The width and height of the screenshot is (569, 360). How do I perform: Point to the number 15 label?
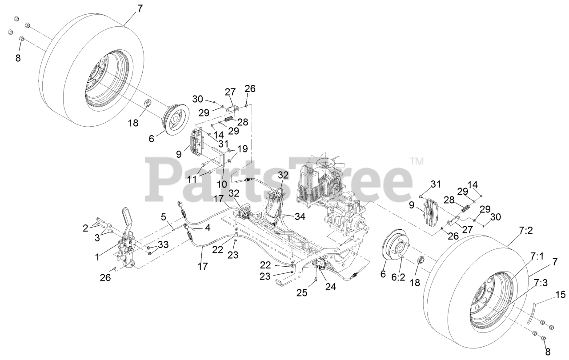coord(561,294)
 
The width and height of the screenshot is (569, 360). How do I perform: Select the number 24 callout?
coord(330,287)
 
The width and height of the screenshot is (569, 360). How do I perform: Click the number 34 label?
coord(300,216)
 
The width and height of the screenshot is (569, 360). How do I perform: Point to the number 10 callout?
coord(222,183)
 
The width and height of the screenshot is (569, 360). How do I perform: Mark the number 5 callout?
coord(164,217)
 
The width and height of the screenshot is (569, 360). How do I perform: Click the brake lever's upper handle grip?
coord(128,216)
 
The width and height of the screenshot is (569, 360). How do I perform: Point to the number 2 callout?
coord(85,228)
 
